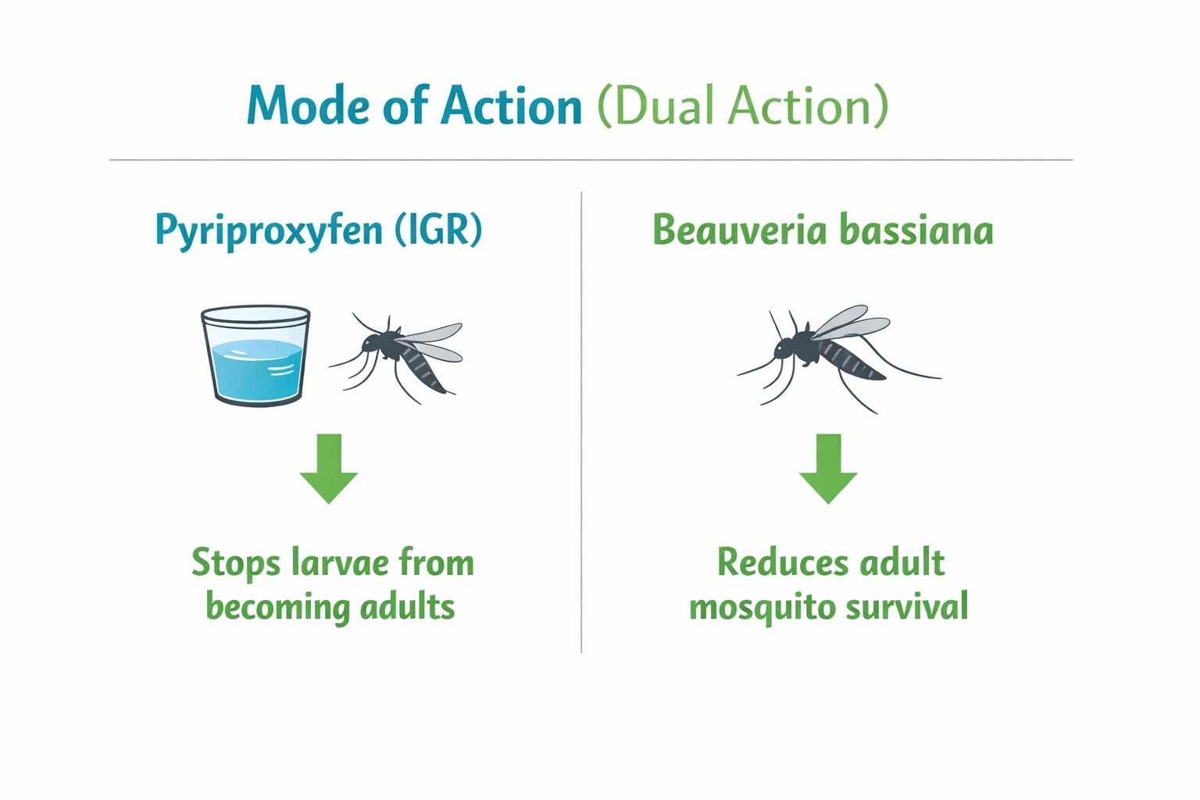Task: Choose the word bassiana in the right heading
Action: (x=916, y=230)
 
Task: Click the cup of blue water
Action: (x=255, y=355)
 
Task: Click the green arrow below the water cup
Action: (x=329, y=469)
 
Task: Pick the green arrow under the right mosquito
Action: (x=828, y=469)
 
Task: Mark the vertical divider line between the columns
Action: (x=581, y=422)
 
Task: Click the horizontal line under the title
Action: (x=591, y=160)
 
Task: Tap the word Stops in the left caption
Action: (x=235, y=563)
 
